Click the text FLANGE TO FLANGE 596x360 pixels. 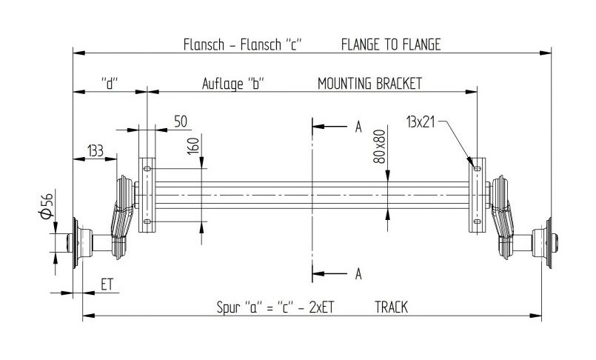coord(391,44)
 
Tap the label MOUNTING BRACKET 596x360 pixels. coord(369,83)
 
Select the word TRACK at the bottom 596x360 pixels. coord(391,307)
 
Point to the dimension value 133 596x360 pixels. coord(95,150)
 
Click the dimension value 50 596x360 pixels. coord(181,121)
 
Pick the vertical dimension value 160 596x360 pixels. coord(193,146)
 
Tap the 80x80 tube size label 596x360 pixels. coord(379,147)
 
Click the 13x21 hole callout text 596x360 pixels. coord(421,122)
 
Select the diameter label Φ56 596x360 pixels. coord(47,206)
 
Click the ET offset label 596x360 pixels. coord(107,284)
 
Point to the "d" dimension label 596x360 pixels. coord(110,83)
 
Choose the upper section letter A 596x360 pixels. coord(358,127)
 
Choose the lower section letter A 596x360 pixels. coord(358,274)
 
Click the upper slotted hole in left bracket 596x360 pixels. coord(147,168)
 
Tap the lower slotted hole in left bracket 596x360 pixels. coord(147,221)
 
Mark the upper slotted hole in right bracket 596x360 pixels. coord(478,168)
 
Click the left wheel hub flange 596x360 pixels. coord(76,243)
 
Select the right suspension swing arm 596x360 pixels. coord(503,217)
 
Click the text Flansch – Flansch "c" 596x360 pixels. coord(243,44)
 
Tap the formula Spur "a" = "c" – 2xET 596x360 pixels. coord(275,307)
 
